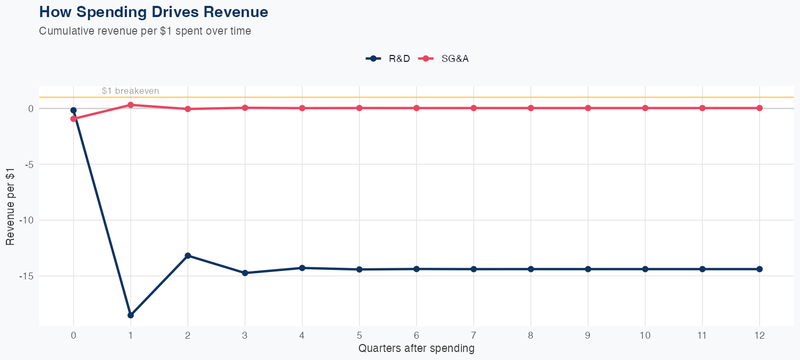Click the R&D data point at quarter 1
(x=131, y=315)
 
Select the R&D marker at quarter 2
(x=188, y=255)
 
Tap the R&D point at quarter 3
(x=245, y=273)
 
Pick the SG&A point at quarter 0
(x=74, y=119)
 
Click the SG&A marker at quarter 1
(x=131, y=105)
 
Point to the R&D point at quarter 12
(x=759, y=269)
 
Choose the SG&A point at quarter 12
(x=759, y=108)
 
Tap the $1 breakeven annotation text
(x=130, y=91)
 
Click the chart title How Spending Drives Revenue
(x=154, y=12)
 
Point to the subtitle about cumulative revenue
(x=145, y=31)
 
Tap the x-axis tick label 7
(x=474, y=335)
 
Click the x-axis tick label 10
(x=645, y=335)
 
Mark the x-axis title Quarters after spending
(x=416, y=349)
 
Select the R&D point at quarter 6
(x=417, y=269)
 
